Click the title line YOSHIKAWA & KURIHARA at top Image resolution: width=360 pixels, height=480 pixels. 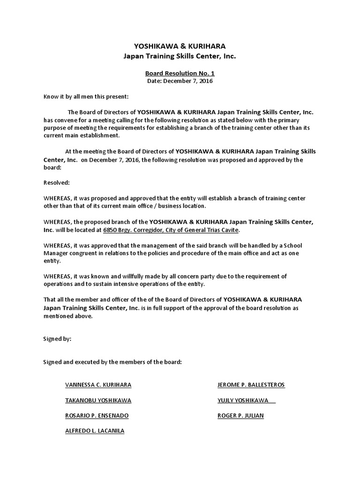(180, 46)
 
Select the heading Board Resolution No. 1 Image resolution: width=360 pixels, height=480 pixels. (180, 73)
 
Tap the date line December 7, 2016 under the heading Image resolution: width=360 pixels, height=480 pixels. (180, 81)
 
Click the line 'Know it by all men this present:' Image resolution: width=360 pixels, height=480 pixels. (85, 97)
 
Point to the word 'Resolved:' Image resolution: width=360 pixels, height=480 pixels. (56, 182)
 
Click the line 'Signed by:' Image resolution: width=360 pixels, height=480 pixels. (57, 338)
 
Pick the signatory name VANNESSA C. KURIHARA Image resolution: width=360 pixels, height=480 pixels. (98, 385)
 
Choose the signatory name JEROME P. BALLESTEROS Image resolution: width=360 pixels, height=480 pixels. (251, 385)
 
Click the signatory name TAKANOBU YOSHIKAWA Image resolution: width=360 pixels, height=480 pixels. (98, 400)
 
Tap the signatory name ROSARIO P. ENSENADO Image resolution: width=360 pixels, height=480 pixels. (97, 415)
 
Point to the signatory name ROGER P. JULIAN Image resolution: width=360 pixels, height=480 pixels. (240, 415)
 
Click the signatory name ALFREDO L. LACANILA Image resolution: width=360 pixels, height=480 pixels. (95, 430)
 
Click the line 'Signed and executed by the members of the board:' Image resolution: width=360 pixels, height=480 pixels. (112, 362)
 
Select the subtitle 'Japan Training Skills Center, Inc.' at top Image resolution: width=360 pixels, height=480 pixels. (180, 56)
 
